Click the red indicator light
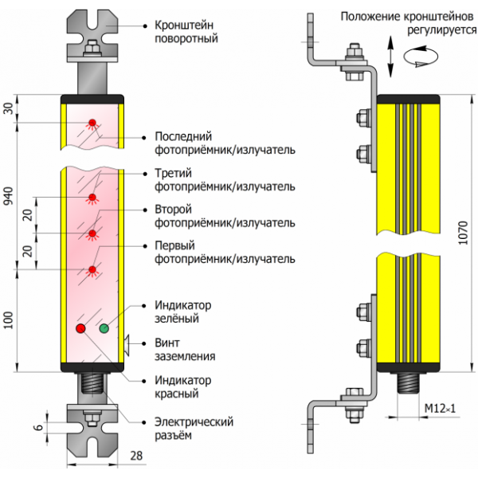point(80,328)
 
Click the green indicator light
point(104,328)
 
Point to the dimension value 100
point(9,320)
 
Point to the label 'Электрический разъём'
point(186,428)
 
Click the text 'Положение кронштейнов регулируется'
point(403,22)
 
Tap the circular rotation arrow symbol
point(421,56)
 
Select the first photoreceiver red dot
point(93,270)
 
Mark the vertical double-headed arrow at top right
point(390,55)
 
